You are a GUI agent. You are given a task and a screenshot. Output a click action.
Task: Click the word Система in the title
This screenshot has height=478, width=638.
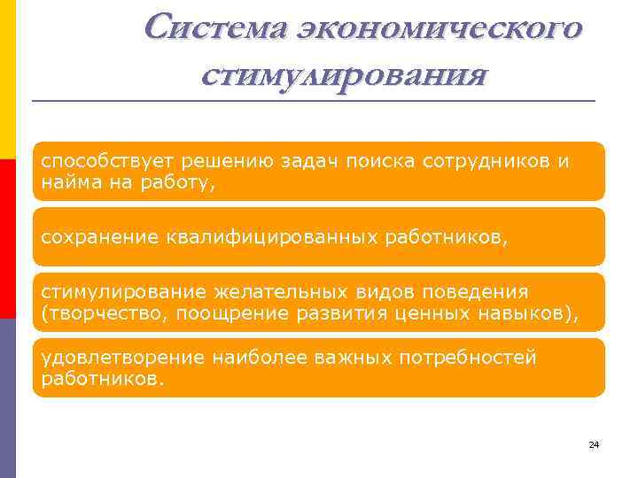click(x=214, y=28)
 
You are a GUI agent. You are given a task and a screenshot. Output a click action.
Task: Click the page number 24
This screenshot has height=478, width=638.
click(x=594, y=444)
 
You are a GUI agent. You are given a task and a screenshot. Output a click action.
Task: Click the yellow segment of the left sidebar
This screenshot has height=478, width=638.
click(x=8, y=80)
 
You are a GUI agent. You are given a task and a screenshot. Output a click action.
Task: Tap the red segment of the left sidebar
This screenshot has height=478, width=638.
click(x=8, y=239)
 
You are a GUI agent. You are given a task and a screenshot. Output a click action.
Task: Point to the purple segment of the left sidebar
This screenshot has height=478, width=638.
click(x=8, y=398)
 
